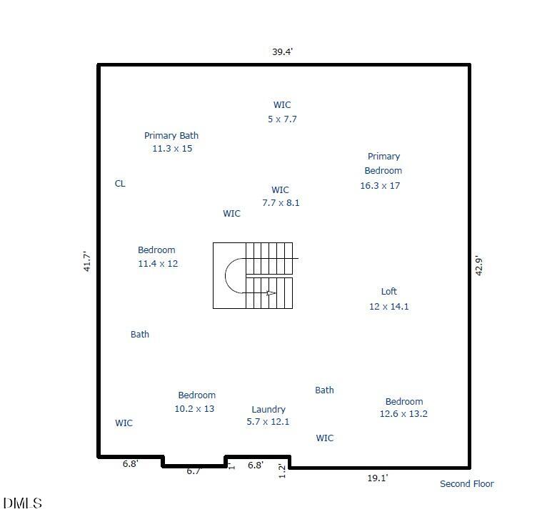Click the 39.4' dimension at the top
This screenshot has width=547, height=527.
click(282, 51)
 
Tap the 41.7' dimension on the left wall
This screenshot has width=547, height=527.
click(87, 261)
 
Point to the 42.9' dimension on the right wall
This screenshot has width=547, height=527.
click(479, 266)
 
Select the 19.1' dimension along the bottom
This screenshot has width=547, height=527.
click(378, 478)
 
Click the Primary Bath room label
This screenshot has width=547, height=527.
click(171, 136)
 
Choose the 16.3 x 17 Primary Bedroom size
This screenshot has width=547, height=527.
click(380, 185)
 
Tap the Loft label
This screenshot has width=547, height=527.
click(388, 291)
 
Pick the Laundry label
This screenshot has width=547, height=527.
click(269, 409)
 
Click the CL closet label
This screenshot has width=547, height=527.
click(120, 183)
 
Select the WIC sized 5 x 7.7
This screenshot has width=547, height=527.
click(282, 105)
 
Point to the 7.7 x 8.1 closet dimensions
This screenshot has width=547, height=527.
click(281, 202)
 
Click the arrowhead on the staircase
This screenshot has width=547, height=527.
click(271, 293)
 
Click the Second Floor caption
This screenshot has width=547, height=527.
click(467, 483)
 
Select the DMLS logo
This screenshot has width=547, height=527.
click(23, 503)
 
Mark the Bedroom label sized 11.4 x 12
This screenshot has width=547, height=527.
click(156, 250)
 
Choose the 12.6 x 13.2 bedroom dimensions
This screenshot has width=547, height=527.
click(403, 414)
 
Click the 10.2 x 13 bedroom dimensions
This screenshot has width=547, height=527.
click(194, 408)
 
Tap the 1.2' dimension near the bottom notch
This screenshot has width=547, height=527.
click(282, 471)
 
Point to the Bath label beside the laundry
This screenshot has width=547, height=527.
click(324, 390)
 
